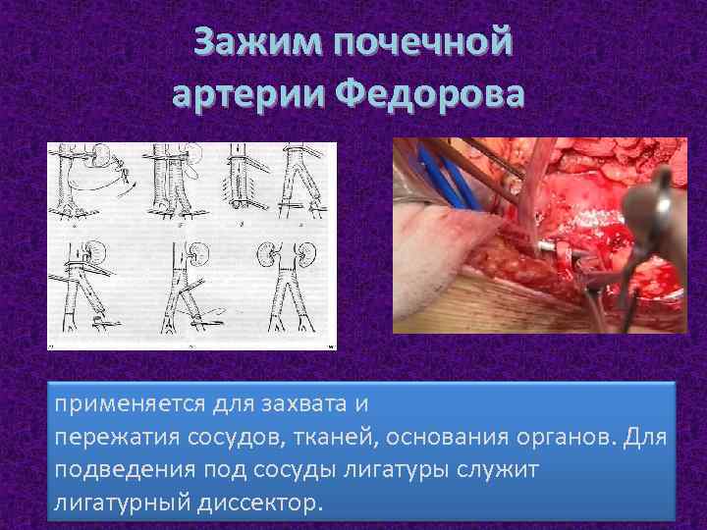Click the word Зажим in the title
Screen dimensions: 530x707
coord(256,44)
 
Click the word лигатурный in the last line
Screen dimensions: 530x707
coord(116,503)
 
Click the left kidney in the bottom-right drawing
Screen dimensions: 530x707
coord(266,251)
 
